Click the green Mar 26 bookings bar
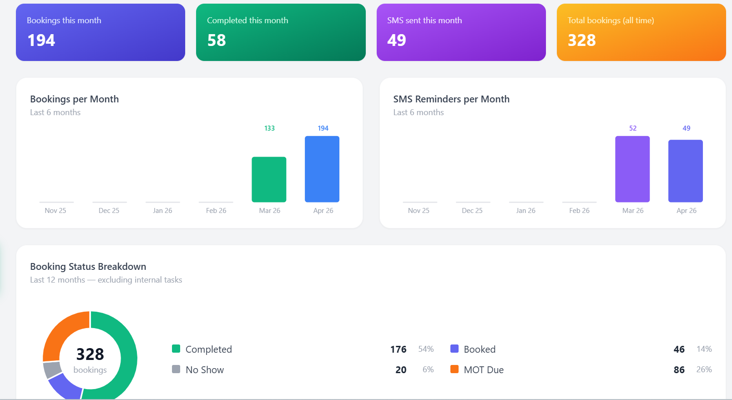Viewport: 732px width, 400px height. tap(269, 179)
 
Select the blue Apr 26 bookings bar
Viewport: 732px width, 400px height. tap(322, 169)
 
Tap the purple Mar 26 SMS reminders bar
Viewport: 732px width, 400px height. tap(632, 169)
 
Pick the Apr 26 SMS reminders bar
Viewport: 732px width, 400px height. tap(686, 171)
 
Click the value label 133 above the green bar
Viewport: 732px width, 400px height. tap(269, 128)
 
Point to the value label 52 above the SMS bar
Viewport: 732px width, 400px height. tap(633, 128)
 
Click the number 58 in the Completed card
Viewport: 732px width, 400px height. tap(217, 41)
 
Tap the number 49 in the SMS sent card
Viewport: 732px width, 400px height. tap(397, 41)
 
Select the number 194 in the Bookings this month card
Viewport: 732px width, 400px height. tap(41, 41)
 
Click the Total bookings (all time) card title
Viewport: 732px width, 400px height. tap(611, 20)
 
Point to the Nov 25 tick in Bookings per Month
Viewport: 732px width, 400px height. tap(56, 211)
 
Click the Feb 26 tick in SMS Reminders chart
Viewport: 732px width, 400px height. tap(579, 211)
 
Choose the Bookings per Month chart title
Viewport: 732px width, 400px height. tap(74, 99)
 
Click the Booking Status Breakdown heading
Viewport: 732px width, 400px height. tap(88, 267)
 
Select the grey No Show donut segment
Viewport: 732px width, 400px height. tap(52, 370)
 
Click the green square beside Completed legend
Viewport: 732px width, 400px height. tap(176, 349)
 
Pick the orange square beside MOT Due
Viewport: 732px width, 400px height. tap(454, 369)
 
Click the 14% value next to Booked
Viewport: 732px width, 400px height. tap(704, 349)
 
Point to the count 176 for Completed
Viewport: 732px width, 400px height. tap(398, 349)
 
